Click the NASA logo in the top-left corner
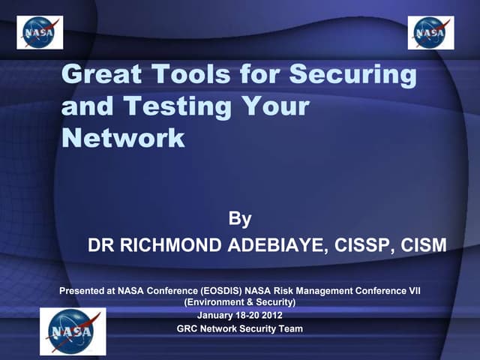(x=40, y=32)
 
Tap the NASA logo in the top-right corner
(x=430, y=32)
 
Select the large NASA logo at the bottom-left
(x=73, y=331)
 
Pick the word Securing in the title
(x=352, y=74)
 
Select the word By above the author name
(x=239, y=220)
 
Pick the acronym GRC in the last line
(x=187, y=328)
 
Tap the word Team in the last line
(x=289, y=328)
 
